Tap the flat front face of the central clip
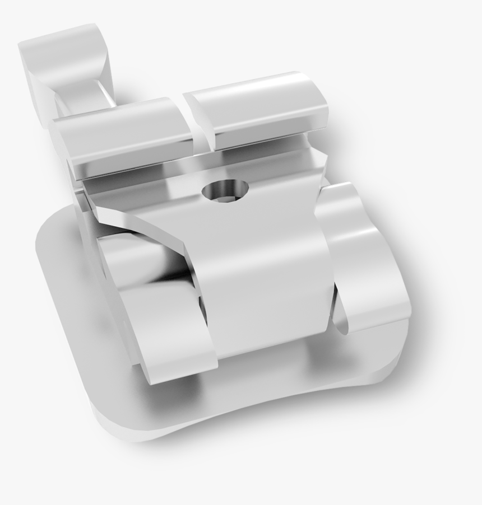coord(263,280)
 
